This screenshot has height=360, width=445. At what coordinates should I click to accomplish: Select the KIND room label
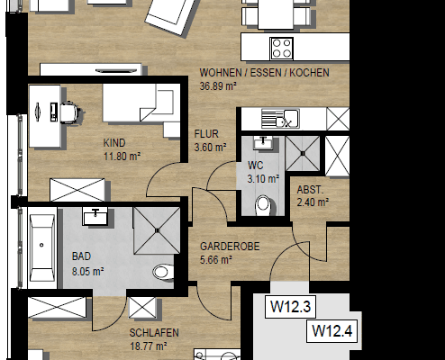click(114, 142)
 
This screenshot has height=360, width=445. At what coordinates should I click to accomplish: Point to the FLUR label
click(206, 134)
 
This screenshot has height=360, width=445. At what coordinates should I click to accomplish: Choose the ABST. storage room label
click(312, 189)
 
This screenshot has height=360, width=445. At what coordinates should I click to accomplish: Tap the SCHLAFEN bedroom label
click(152, 332)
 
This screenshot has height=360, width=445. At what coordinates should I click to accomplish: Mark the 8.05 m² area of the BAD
click(87, 268)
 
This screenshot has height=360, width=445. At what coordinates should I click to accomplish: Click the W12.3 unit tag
click(290, 308)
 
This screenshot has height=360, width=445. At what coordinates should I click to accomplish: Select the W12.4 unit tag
click(331, 331)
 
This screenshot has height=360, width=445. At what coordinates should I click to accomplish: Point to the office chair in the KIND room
click(66, 111)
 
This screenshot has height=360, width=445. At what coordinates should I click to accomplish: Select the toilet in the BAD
click(162, 270)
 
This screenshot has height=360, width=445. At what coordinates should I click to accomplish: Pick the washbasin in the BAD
click(95, 216)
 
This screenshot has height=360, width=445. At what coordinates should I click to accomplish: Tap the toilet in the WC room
click(263, 206)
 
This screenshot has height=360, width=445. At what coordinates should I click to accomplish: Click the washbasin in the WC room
click(262, 141)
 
